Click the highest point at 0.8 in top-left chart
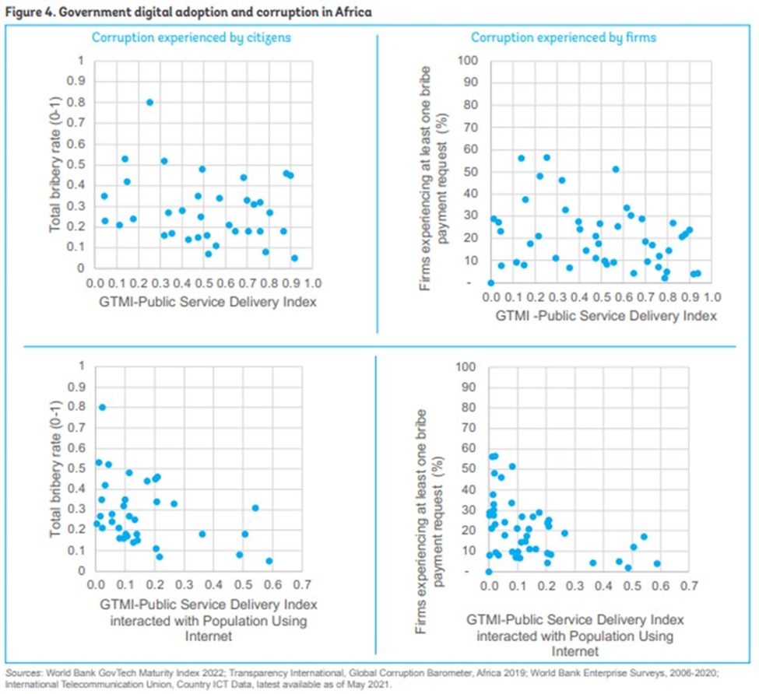149,102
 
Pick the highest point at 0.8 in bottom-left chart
102,407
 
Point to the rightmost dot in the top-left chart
294,258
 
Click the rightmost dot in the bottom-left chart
269,561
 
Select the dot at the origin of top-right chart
491,283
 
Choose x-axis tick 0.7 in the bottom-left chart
302,585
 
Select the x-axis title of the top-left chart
206,303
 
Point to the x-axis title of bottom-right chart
575,636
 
